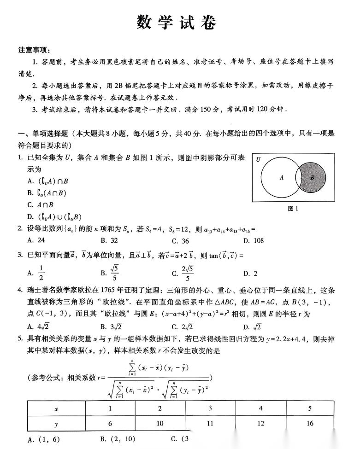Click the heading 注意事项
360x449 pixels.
(x=35, y=50)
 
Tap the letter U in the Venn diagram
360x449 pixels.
(x=259, y=160)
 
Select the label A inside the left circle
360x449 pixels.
(x=282, y=177)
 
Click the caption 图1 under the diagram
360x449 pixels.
(x=293, y=209)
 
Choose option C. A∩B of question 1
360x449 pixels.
(x=41, y=205)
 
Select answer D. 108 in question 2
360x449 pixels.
(x=253, y=240)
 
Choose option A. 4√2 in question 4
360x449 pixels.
(x=38, y=327)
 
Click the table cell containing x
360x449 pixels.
(x=56, y=408)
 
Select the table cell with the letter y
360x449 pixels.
(x=56, y=423)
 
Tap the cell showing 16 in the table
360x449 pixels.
(x=309, y=423)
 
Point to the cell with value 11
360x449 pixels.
(x=210, y=423)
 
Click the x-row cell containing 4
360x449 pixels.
(x=260, y=408)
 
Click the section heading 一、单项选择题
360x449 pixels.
(x=43, y=134)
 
